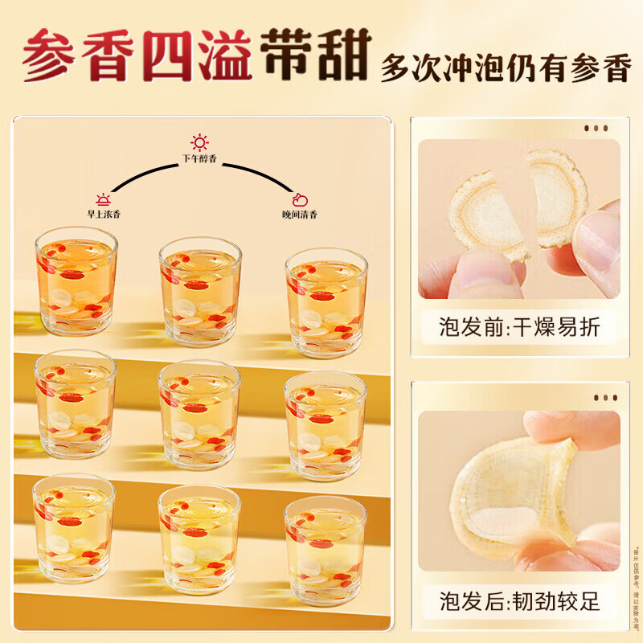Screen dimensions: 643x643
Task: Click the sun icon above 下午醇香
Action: tap(199, 143)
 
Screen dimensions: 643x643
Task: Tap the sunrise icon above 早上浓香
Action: tap(103, 199)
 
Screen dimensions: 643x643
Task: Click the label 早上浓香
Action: tap(104, 214)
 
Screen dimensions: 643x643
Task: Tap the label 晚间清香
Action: tap(298, 214)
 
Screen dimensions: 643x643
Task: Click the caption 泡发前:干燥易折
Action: tap(518, 327)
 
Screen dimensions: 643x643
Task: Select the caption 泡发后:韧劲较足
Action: tap(518, 600)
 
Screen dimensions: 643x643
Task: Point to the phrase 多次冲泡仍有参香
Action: tap(505, 68)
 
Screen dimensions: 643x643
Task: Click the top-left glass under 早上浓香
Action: tap(76, 281)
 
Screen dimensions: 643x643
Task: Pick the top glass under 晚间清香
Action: tap(326, 301)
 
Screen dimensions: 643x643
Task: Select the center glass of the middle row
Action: tap(199, 415)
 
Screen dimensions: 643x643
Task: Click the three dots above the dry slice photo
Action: tap(596, 128)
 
